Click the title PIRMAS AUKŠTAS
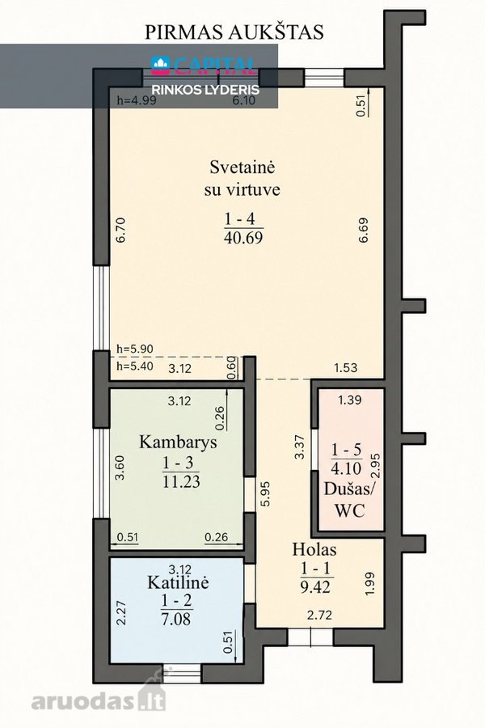click(x=234, y=32)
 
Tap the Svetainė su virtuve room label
click(x=242, y=178)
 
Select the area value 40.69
click(x=243, y=238)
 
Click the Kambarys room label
click(x=178, y=442)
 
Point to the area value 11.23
click(x=181, y=481)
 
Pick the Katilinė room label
click(x=178, y=582)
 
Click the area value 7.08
click(x=176, y=619)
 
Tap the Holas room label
click(x=314, y=550)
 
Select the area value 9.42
click(x=315, y=587)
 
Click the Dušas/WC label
click(x=350, y=500)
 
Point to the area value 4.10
click(x=346, y=468)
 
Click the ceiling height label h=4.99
click(x=137, y=100)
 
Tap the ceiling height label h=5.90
click(x=135, y=349)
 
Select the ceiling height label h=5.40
click(x=135, y=366)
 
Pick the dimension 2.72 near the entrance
click(x=319, y=616)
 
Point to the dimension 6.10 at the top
click(x=244, y=100)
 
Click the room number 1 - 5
click(x=346, y=449)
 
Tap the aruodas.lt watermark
click(x=98, y=699)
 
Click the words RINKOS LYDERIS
click(x=206, y=90)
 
